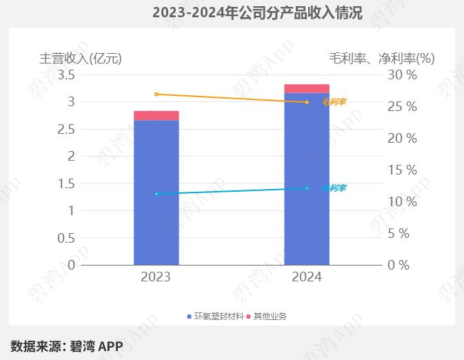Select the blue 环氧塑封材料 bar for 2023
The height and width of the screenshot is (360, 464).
[x=157, y=192]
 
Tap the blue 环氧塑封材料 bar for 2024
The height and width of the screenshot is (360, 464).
[x=307, y=179]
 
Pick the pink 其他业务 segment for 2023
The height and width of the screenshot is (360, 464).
[x=157, y=115]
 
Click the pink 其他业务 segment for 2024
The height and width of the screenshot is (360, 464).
[x=307, y=88]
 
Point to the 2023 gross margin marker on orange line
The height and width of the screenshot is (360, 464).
[x=157, y=94]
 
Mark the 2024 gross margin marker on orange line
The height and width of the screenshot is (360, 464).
[x=307, y=102]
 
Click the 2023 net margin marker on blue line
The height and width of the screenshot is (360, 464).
[x=157, y=194]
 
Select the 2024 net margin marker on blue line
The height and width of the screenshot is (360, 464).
[x=307, y=188]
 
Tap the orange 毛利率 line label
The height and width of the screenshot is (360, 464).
[x=334, y=102]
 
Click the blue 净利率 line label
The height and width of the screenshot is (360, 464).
[x=334, y=188]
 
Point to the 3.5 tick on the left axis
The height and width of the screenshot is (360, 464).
[x=66, y=74]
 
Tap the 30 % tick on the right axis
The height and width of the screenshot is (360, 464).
[x=402, y=74]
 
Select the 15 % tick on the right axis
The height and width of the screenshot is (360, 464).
[x=402, y=170]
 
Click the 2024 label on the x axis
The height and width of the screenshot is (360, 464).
[x=307, y=277]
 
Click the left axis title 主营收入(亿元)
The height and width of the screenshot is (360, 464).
[x=81, y=58]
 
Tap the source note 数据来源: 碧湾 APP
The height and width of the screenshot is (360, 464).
[x=67, y=346]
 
